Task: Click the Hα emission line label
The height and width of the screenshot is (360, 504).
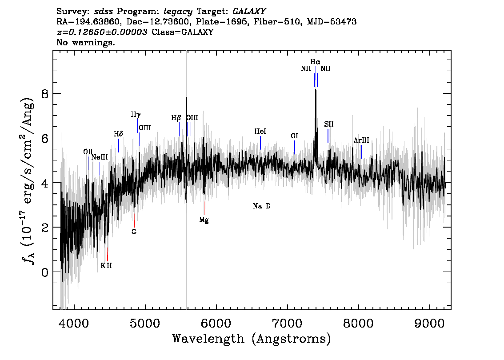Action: [315, 62]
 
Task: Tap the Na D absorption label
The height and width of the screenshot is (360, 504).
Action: [262, 206]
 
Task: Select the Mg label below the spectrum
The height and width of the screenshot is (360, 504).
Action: [204, 220]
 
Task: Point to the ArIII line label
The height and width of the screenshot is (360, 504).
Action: [361, 140]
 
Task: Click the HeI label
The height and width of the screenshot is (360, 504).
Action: [260, 132]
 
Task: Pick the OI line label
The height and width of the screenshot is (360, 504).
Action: [294, 136]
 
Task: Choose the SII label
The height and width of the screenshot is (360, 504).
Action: [329, 124]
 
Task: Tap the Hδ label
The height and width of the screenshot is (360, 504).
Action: [118, 134]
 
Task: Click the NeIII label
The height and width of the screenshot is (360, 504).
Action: [99, 157]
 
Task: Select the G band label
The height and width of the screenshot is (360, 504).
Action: [134, 232]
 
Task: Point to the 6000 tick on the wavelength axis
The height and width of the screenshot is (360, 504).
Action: [216, 324]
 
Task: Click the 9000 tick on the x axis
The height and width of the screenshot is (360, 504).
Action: [429, 324]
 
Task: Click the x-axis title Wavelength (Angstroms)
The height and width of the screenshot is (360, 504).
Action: [252, 339]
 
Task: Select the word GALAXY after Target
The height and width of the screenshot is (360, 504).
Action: [249, 12]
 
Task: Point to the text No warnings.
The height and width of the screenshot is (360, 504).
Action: [85, 42]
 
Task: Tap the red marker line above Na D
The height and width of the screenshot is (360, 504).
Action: [262, 195]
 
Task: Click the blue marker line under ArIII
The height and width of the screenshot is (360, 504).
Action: [362, 152]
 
